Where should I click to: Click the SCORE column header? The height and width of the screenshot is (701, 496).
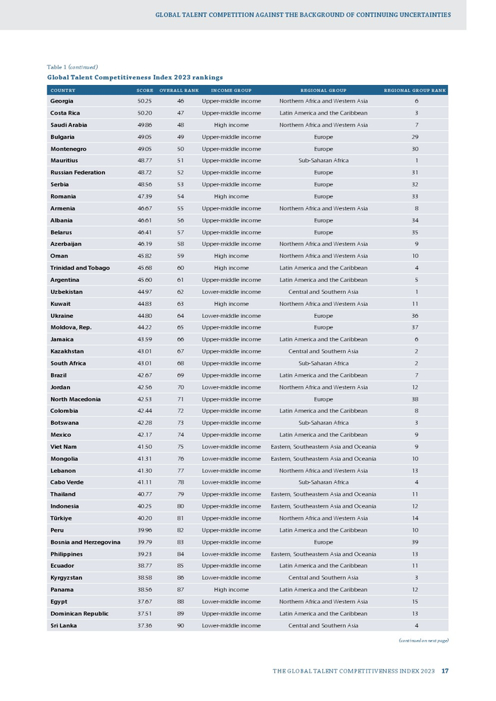point(145,91)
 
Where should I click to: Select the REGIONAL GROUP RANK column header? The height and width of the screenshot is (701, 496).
point(415,91)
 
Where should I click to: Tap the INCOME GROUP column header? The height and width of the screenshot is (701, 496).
point(231,91)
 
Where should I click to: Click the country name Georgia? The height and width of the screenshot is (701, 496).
point(62,101)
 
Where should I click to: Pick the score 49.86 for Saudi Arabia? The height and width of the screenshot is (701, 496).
point(145,125)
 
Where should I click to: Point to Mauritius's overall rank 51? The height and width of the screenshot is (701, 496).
point(180,161)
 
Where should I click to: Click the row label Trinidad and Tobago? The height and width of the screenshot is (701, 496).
point(79,268)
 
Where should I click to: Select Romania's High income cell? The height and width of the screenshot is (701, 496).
point(231,196)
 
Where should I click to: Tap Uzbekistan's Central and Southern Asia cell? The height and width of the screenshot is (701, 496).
point(323,292)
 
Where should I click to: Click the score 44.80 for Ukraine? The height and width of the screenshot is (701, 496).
point(145,316)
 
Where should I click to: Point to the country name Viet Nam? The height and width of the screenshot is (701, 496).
point(63,447)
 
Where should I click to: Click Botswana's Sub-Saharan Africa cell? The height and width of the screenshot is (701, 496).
point(323,423)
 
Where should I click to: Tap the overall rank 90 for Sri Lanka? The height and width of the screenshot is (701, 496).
point(180,625)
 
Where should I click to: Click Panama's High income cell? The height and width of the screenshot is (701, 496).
point(231,589)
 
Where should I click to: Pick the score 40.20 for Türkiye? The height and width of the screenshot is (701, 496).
point(145,518)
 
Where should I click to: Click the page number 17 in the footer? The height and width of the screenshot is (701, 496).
point(444,671)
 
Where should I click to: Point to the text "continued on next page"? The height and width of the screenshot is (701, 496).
point(423,640)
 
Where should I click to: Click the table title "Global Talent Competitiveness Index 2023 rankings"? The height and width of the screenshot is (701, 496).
point(135,77)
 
